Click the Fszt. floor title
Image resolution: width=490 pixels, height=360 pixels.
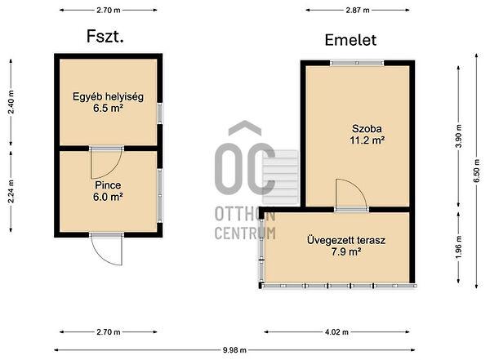[x=105, y=37]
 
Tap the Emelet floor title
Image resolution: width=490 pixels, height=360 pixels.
[x=350, y=40]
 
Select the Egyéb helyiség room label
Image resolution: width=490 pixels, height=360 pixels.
[x=108, y=96]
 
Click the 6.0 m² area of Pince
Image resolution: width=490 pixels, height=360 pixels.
[x=108, y=197]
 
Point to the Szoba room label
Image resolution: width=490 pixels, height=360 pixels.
[x=367, y=128]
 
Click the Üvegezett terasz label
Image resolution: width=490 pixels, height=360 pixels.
[x=346, y=240]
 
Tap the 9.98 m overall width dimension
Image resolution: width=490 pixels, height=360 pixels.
[x=234, y=350]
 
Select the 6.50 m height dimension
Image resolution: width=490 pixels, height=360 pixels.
[x=477, y=171]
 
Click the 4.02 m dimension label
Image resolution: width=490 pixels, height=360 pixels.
[x=336, y=332]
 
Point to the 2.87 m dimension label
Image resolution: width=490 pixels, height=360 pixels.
[x=358, y=11]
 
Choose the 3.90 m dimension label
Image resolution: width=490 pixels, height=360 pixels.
[x=458, y=136]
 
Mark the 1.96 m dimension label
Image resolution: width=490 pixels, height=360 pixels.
[x=458, y=247]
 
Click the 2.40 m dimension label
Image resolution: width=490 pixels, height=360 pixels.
[x=11, y=102]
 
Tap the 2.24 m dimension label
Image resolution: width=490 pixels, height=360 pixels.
[x=11, y=191]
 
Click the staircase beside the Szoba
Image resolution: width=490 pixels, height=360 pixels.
[x=280, y=177]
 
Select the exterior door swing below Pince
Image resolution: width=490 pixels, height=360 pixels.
[x=106, y=249]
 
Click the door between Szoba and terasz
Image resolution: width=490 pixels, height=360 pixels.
[x=351, y=194]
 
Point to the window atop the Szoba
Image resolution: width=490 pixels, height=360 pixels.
[x=357, y=63]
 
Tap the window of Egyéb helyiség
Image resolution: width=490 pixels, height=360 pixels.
[x=160, y=113]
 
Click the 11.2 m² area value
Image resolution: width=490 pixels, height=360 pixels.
[x=367, y=140]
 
